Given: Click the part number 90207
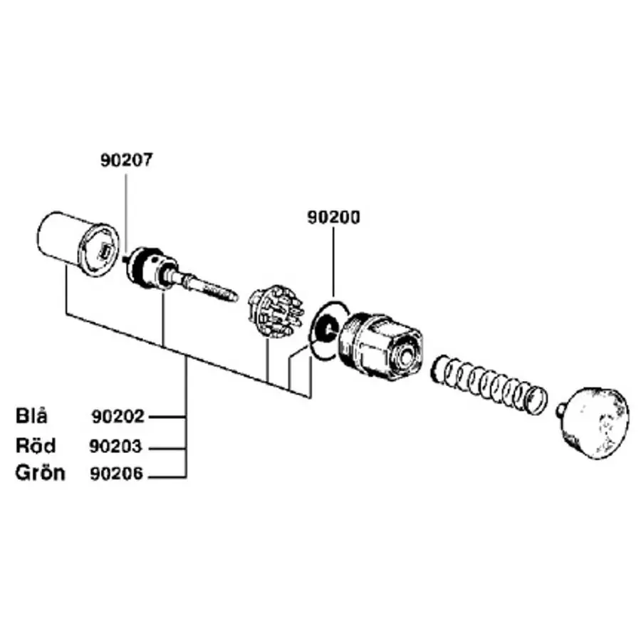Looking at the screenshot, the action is click(x=126, y=160).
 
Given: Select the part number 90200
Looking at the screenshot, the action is click(x=333, y=217).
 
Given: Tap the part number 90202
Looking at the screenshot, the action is click(x=118, y=417).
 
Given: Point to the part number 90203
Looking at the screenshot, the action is click(x=115, y=446).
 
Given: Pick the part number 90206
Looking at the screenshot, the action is click(x=117, y=474).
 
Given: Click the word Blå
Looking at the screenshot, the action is click(x=31, y=416).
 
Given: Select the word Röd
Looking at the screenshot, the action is click(x=36, y=445).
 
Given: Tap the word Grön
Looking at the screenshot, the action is click(x=40, y=473).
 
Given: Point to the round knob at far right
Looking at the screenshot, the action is click(x=593, y=422).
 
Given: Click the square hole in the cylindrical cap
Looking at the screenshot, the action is click(x=105, y=250).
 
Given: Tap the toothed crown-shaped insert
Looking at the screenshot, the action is click(x=276, y=311).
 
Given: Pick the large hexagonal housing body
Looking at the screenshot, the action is click(x=380, y=347).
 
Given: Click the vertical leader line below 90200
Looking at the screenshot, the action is click(x=333, y=262).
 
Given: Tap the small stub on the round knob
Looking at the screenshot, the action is click(x=561, y=410).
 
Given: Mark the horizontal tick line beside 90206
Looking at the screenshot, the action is click(x=167, y=476).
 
